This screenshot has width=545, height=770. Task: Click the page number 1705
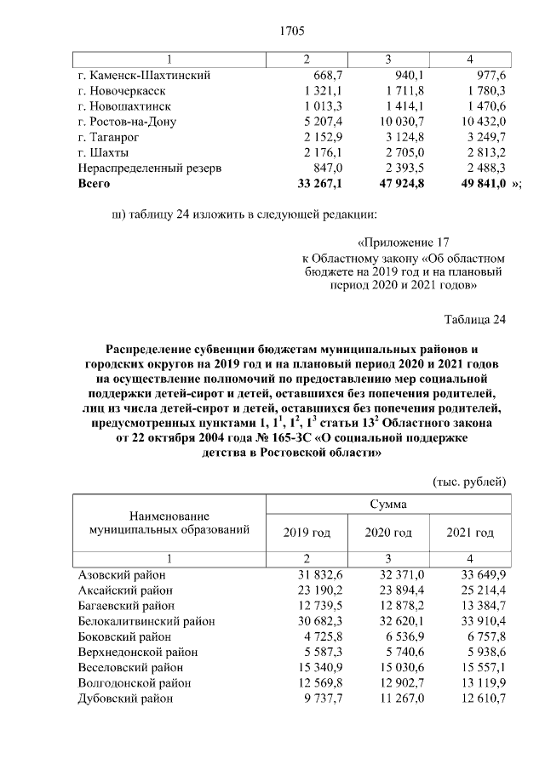[x=292, y=31]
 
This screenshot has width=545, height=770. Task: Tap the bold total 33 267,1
[x=318, y=183]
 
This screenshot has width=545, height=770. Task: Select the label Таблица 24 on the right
[x=474, y=320]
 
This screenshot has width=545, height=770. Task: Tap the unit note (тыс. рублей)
[x=470, y=482]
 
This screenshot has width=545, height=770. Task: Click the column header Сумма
[x=387, y=505]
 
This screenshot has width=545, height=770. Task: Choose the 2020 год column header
[x=388, y=533]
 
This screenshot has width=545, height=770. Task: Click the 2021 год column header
[x=470, y=533]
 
